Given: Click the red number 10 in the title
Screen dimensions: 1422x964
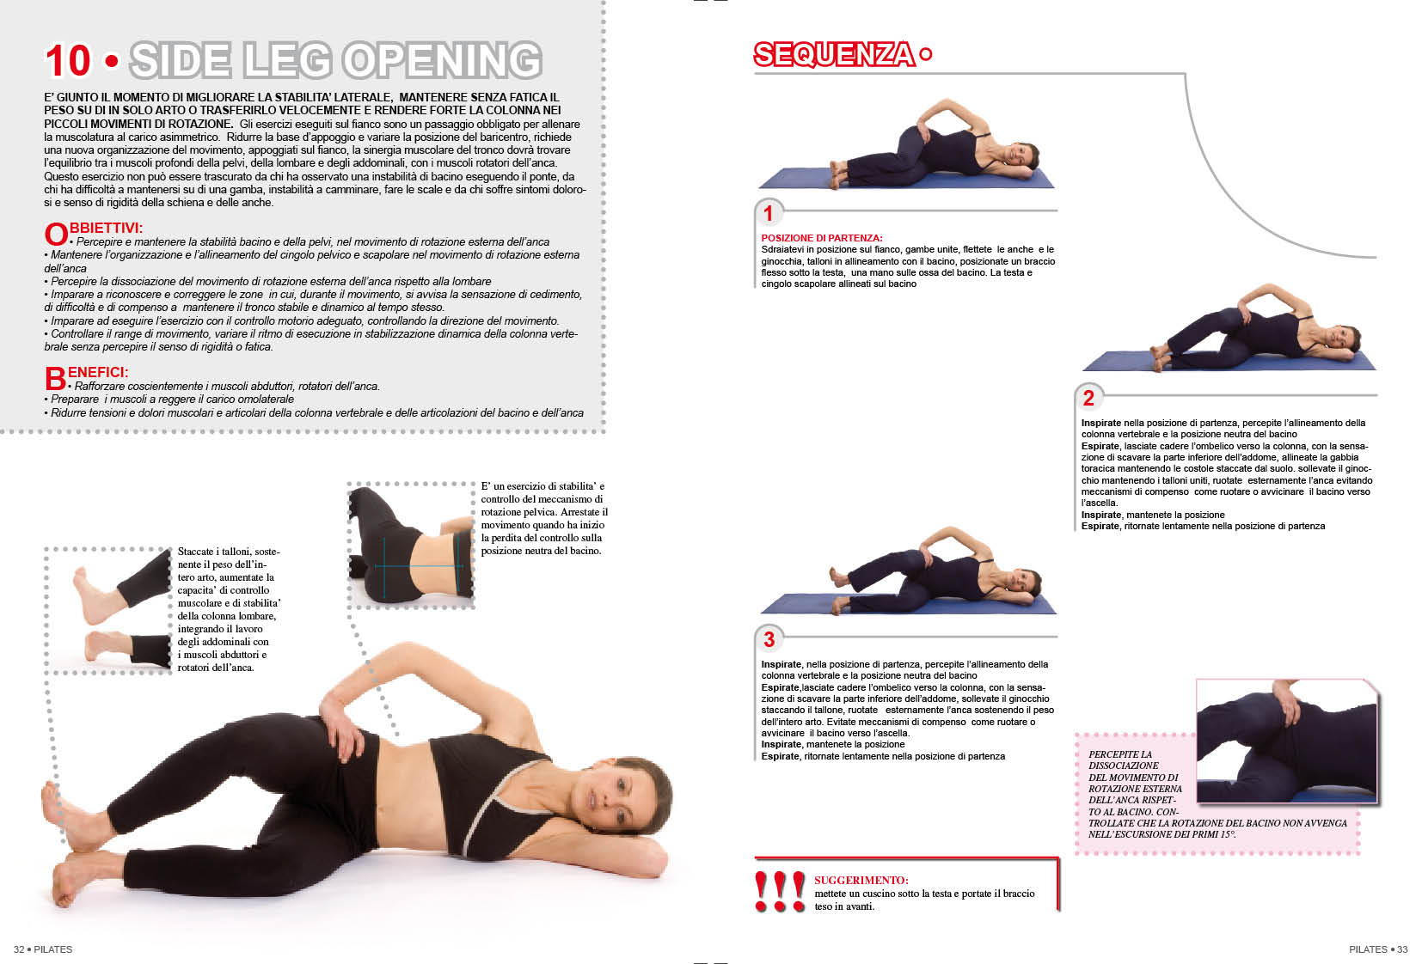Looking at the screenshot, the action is (x=67, y=61).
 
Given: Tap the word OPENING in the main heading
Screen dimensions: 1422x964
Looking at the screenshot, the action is (x=443, y=61).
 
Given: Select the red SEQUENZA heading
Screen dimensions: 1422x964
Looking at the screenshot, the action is (x=834, y=54).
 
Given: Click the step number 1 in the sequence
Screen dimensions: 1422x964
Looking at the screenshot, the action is (x=768, y=213).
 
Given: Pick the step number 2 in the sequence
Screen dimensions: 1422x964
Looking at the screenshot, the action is (x=1088, y=398).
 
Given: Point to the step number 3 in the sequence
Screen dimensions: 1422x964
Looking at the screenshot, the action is (x=769, y=639).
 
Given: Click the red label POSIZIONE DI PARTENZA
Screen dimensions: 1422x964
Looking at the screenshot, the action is (x=821, y=238).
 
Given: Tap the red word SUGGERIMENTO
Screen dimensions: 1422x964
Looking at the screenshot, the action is (x=861, y=881).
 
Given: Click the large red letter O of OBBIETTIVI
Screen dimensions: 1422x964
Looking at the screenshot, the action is (x=56, y=234).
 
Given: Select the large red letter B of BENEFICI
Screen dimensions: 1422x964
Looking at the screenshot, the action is (x=55, y=379).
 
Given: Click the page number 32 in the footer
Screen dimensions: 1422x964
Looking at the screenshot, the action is (x=19, y=949).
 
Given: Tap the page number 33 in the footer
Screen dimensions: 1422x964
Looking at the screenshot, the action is (x=1401, y=949).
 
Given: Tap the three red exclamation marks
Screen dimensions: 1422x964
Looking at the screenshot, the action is (x=780, y=892).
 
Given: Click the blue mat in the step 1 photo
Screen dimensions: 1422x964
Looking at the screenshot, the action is (x=906, y=178).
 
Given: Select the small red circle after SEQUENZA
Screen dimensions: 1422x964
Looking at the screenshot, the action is (x=926, y=54).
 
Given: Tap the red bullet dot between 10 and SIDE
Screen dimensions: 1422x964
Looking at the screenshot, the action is (x=112, y=61).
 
